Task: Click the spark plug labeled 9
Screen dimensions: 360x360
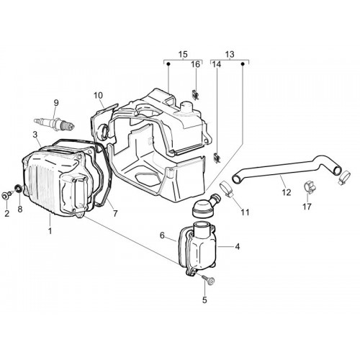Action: click(x=55, y=124)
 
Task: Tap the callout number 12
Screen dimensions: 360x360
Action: click(x=287, y=192)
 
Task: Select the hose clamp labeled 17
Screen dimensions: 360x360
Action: click(x=310, y=188)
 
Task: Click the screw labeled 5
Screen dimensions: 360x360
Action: click(x=208, y=280)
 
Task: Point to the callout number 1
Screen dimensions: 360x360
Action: click(x=50, y=231)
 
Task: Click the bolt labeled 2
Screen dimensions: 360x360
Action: click(x=6, y=196)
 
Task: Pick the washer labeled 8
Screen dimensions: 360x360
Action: click(x=19, y=188)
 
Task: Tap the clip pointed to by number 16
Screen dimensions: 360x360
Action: click(x=196, y=94)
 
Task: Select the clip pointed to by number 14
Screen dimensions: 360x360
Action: click(x=217, y=158)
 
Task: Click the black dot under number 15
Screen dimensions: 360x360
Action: click(x=168, y=64)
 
